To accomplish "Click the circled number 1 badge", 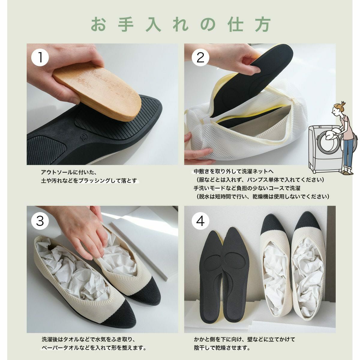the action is (x=40, y=57).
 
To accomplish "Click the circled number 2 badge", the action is (x=200, y=57).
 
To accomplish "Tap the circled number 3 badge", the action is (x=40, y=221).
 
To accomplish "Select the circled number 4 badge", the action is (x=200, y=221).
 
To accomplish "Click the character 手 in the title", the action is (x=126, y=25).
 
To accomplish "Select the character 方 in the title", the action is (x=263, y=25).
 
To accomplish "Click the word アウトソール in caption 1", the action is (x=57, y=172).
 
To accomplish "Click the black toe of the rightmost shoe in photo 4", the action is (x=308, y=222).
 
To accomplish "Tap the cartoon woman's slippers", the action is (x=347, y=172).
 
